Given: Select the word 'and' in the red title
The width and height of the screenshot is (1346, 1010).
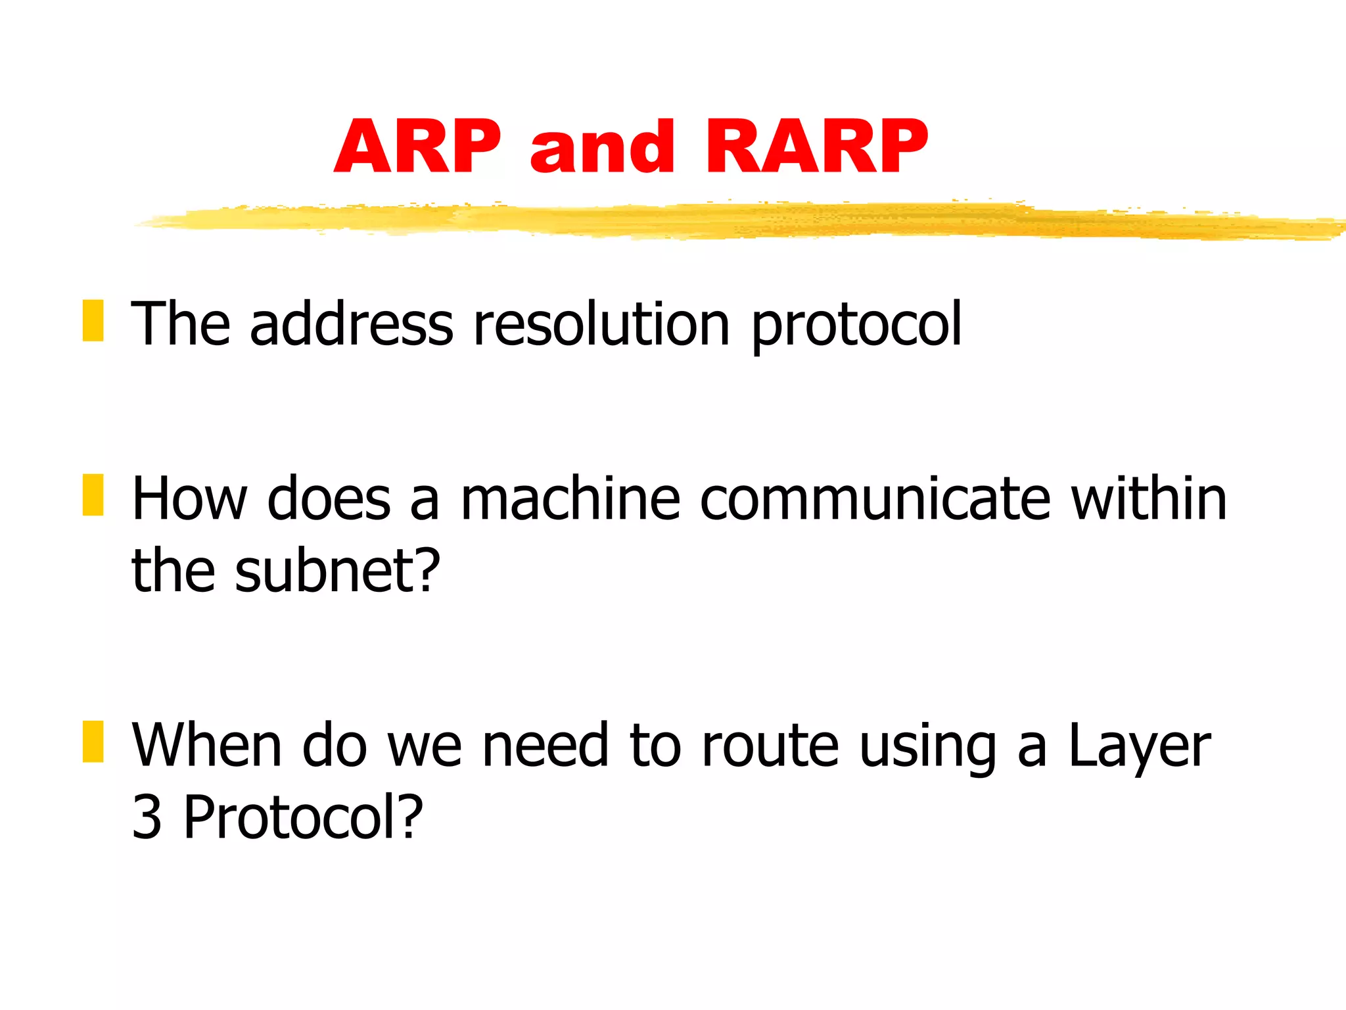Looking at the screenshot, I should (602, 148).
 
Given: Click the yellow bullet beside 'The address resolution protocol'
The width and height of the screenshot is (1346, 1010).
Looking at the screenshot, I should (93, 321).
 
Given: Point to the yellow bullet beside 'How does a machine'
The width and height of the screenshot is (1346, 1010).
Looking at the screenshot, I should (93, 494).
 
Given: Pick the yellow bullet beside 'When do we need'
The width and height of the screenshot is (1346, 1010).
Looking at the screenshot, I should (93, 742).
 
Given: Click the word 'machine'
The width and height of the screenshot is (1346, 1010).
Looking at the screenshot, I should (570, 499).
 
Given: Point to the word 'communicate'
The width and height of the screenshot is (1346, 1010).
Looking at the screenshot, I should (875, 499).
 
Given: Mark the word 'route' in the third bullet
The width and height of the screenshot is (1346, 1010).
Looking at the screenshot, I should (770, 746).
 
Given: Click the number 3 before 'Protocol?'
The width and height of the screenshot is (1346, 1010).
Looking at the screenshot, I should (147, 817).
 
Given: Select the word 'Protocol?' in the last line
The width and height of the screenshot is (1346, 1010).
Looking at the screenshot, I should (303, 817).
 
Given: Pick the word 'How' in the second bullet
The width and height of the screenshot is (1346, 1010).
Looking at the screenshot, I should (189, 499).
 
